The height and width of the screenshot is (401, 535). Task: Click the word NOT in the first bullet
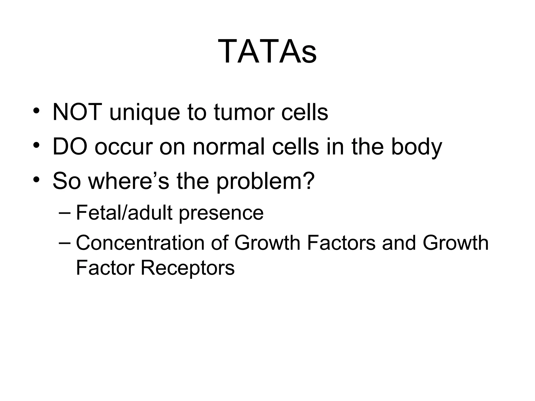click(x=77, y=112)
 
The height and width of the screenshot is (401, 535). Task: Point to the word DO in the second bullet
click(x=70, y=147)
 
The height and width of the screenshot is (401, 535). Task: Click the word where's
click(x=129, y=181)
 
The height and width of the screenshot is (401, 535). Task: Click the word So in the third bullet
click(x=67, y=181)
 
